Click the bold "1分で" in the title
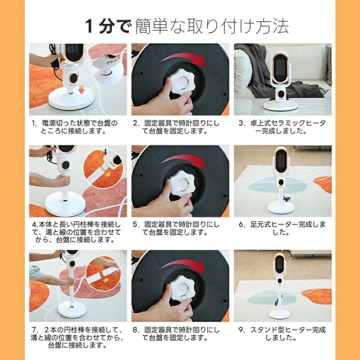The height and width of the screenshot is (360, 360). pos(108,26)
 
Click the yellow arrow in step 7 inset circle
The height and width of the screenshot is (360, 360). pos(106,280)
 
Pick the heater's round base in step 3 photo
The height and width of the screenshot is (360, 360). pos(280,105)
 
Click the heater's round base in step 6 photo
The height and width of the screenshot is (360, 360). pos(281,208)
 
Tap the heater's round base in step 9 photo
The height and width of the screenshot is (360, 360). pos(280,314)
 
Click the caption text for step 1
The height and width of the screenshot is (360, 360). pos(75,127)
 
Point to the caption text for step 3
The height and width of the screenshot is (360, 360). pos(282,127)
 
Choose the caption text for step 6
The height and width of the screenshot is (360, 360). pos(282,228)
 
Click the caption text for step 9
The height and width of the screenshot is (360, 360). pos(282,334)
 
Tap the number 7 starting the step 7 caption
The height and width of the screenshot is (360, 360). pos(35,330)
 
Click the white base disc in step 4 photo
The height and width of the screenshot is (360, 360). pos(65,204)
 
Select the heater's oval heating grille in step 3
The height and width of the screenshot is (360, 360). pos(280,69)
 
